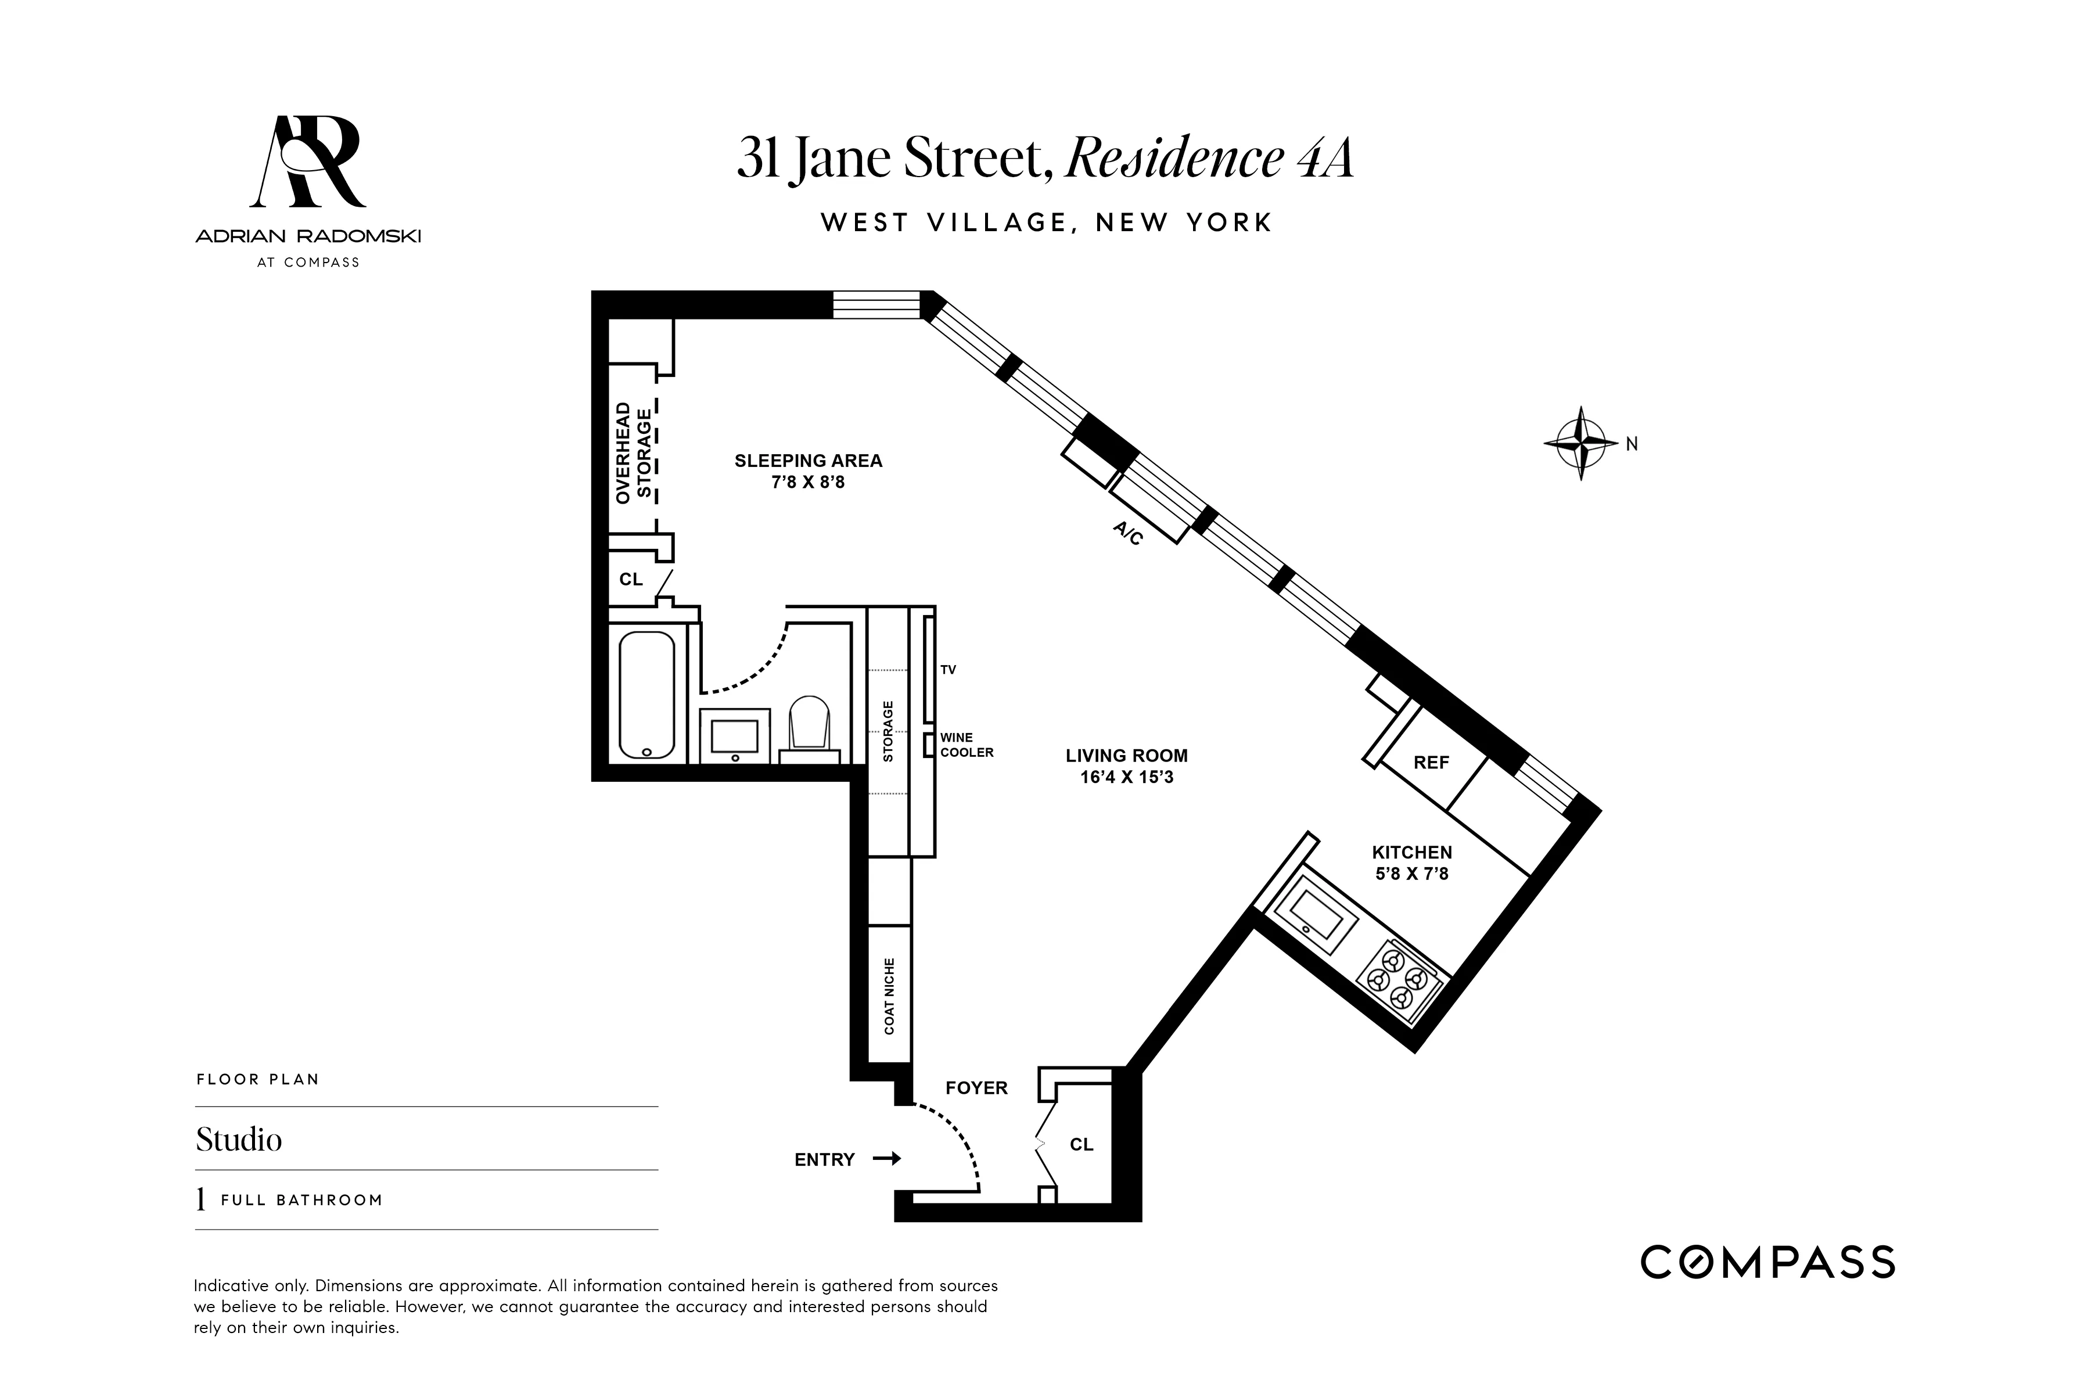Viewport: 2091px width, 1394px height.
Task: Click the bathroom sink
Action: coord(734,736)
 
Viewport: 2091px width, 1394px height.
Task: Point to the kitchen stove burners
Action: coord(1397,980)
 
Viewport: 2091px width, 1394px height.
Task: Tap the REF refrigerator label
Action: coord(1431,763)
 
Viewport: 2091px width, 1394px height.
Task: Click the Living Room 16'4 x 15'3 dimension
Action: coord(1126,778)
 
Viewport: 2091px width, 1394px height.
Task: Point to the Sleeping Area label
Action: coord(808,461)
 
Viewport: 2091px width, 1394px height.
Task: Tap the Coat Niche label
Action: coord(889,996)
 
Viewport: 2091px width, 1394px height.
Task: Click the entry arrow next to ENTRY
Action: coord(886,1158)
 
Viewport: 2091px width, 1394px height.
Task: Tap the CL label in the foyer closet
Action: coord(1081,1144)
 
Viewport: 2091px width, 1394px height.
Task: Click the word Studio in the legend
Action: coord(238,1140)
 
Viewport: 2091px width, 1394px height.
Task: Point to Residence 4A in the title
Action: coord(1209,158)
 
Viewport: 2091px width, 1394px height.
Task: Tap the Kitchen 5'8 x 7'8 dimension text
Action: coord(1412,874)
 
